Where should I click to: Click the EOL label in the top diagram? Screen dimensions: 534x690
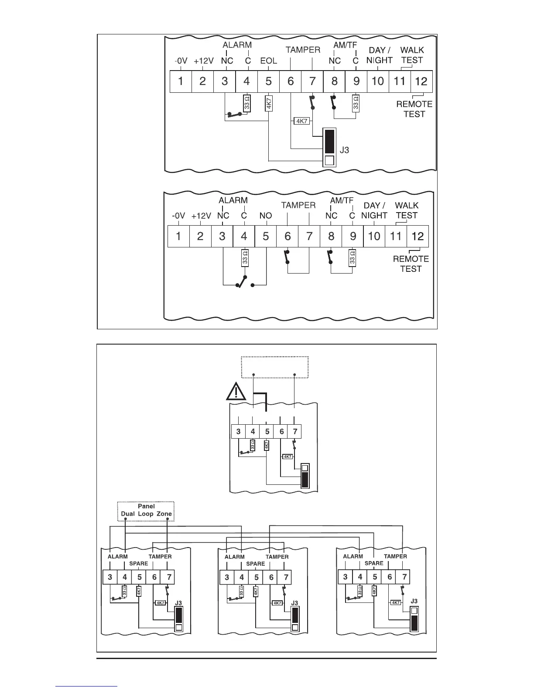(x=268, y=61)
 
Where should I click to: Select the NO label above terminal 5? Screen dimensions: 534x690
(x=265, y=215)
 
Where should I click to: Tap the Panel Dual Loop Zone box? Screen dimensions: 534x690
(x=146, y=511)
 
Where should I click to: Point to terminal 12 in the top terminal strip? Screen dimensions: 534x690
(x=421, y=81)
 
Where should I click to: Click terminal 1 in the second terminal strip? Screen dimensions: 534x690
(x=178, y=236)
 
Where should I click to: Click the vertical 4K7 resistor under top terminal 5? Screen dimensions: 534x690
(x=269, y=103)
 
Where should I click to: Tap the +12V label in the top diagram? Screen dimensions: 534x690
(x=202, y=61)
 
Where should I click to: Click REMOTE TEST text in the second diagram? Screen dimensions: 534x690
(x=411, y=264)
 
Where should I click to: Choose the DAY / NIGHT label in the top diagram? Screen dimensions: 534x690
(x=379, y=55)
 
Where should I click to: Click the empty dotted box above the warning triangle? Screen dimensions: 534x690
(x=275, y=367)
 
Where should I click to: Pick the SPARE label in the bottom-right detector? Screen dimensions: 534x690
(x=374, y=563)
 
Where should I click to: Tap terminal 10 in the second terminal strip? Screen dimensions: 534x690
(x=374, y=236)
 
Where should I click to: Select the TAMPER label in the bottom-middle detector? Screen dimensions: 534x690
(x=277, y=557)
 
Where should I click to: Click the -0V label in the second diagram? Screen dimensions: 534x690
(x=179, y=215)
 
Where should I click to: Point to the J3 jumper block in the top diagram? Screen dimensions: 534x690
(x=330, y=148)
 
